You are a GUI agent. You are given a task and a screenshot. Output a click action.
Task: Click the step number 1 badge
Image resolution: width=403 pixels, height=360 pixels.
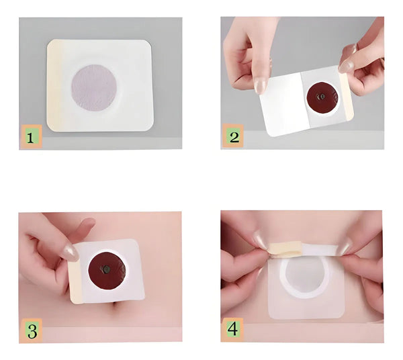point(32,136)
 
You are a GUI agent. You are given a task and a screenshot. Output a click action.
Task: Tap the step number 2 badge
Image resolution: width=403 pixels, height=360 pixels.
point(233,136)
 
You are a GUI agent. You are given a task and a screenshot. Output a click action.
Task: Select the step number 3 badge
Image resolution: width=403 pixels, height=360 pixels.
point(32,330)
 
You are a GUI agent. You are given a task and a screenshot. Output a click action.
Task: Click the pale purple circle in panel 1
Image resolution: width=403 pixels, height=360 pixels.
point(94,87)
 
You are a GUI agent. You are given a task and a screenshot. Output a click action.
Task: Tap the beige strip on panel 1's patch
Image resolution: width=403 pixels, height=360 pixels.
point(54,85)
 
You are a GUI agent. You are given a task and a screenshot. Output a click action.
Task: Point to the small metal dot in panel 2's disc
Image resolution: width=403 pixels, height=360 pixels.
point(322,97)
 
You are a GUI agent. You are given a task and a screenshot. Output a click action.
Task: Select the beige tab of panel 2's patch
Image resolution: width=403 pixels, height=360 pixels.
point(346,97)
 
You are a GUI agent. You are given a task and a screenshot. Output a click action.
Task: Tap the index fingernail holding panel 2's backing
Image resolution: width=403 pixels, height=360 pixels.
point(260,86)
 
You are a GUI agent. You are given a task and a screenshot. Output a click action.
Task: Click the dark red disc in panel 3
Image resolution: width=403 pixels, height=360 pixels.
point(107,271)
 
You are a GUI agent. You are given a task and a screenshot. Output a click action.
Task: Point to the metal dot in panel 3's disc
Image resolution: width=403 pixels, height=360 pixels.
point(105,269)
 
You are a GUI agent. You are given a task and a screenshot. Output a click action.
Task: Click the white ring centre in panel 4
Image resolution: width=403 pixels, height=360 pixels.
point(305,277)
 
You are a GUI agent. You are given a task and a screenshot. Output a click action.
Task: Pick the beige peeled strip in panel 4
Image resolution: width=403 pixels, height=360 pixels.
point(285,249)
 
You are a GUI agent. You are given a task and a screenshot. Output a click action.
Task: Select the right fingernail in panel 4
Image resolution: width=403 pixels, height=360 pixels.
point(345,246)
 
